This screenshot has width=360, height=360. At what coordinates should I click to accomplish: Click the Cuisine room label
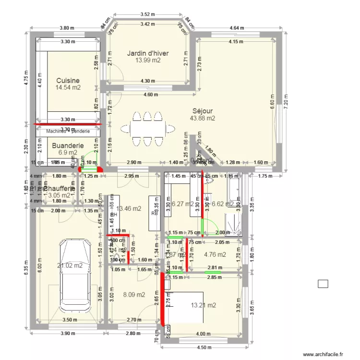(x=68, y=81)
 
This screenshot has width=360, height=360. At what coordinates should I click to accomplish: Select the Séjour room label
(x=203, y=110)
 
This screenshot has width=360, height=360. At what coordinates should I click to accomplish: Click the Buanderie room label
(x=68, y=145)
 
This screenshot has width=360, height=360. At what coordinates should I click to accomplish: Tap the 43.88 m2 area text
(x=203, y=118)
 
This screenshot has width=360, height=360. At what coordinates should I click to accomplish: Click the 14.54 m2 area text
(x=68, y=88)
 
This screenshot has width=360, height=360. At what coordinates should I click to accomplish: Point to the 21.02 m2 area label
(x=70, y=265)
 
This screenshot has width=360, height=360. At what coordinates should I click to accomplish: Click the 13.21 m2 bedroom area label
(x=204, y=305)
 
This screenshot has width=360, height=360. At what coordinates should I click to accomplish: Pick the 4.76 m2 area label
(x=215, y=255)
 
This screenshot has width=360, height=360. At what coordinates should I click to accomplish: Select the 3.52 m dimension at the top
(x=148, y=14)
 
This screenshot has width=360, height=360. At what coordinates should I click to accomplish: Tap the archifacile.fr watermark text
(x=323, y=354)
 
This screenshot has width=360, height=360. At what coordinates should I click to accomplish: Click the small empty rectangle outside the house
(x=323, y=284)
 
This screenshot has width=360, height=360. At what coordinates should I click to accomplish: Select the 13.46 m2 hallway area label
(x=129, y=208)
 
